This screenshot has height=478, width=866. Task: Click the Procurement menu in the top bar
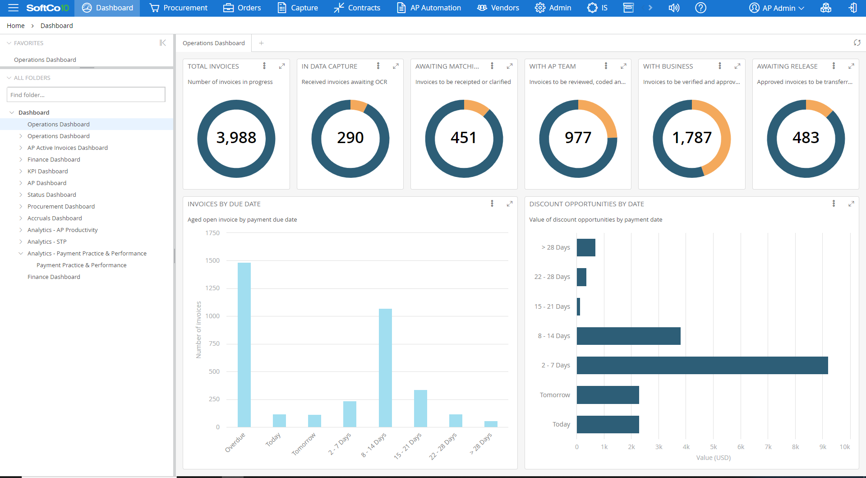(179, 8)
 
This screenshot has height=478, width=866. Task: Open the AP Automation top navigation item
(429, 8)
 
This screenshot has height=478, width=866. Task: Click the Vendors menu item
(498, 8)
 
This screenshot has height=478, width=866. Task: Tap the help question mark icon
(700, 8)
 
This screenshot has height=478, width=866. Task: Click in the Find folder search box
(86, 95)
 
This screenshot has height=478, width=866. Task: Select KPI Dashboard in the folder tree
(48, 171)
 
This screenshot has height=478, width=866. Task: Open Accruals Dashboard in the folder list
(55, 218)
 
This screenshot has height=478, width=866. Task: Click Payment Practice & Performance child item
(81, 265)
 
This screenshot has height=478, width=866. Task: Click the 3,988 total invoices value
(236, 138)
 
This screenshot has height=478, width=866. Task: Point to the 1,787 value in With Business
(691, 138)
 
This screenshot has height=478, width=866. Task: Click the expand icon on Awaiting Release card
(851, 66)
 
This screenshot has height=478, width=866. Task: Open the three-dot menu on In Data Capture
(378, 66)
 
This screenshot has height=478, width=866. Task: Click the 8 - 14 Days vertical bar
(385, 368)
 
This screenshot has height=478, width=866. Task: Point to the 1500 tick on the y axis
(212, 260)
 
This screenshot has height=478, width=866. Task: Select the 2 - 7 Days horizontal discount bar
(702, 365)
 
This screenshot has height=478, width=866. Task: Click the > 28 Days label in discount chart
(556, 247)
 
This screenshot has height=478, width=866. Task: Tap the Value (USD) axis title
(713, 458)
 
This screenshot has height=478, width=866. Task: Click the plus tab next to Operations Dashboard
(261, 43)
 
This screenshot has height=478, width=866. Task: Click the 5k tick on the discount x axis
(713, 447)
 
